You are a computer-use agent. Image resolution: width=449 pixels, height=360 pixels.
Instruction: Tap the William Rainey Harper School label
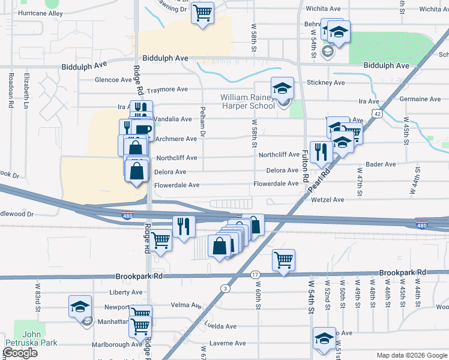pyautogui.click(x=247, y=101)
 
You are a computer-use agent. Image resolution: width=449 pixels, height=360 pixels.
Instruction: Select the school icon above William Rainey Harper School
pyautogui.click(x=282, y=89)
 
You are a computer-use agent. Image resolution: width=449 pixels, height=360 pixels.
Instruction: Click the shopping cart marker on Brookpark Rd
pyautogui.click(x=283, y=260)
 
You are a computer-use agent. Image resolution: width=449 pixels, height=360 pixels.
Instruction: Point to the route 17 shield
pyautogui.click(x=255, y=274)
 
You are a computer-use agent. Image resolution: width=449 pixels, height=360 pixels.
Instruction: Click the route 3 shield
pyautogui.click(x=225, y=289)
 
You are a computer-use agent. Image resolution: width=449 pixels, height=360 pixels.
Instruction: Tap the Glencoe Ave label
pyautogui.click(x=113, y=80)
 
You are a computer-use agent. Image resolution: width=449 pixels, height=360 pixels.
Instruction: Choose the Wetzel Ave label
pyautogui.click(x=327, y=199)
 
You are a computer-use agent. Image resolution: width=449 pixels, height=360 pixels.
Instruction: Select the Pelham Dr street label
pyautogui.click(x=202, y=126)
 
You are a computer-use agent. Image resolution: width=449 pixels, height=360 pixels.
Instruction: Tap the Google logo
pyautogui.click(x=20, y=353)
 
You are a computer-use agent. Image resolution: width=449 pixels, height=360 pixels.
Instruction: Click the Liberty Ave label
pyautogui.click(x=125, y=292)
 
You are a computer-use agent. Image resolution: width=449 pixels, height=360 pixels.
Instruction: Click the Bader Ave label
pyautogui.click(x=381, y=164)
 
